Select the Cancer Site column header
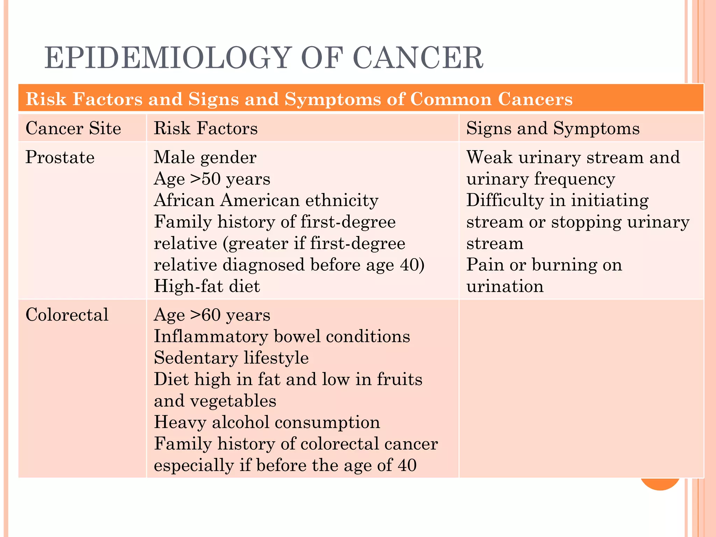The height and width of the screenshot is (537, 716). point(73,128)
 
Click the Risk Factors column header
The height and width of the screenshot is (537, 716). point(206,128)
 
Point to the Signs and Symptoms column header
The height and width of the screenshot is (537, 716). point(553,128)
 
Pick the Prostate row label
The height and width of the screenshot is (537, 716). point(60,157)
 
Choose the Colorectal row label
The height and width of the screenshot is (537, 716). point(67,315)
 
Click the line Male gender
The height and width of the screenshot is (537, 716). point(205,157)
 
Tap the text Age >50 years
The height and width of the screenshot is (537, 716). point(212,179)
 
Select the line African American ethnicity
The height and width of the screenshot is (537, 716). point(266,200)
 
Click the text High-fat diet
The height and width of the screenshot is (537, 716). point(207,286)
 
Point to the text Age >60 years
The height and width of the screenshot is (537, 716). point(212,315)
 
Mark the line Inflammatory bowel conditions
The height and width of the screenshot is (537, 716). point(282,336)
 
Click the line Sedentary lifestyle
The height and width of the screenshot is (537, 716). point(231,358)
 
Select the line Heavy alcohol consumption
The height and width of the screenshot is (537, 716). point(267,422)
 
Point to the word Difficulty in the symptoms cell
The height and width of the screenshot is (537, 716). point(505,200)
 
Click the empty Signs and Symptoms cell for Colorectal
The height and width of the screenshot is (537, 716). point(581,388)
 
